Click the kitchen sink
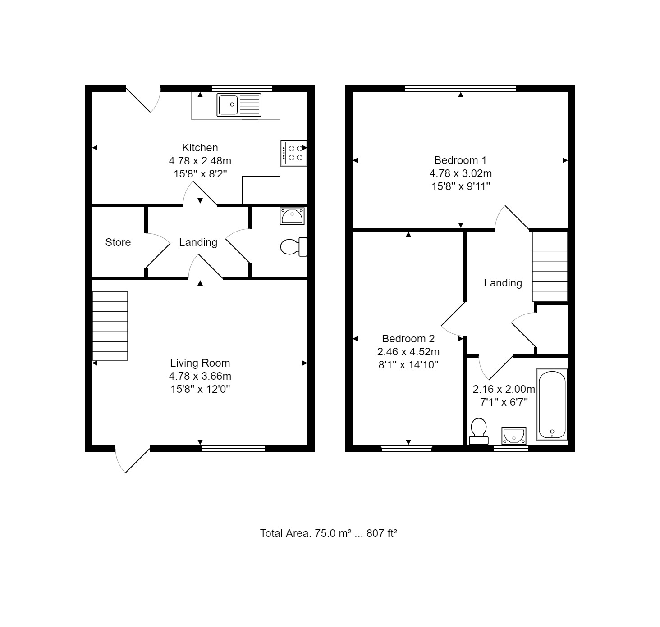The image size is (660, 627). click(x=238, y=105)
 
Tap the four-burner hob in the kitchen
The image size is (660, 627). click(x=294, y=153)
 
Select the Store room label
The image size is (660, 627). click(x=118, y=242)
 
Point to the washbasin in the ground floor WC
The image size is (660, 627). click(x=292, y=216)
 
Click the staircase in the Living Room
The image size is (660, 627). click(x=110, y=326)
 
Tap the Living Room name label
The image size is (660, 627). click(x=200, y=363)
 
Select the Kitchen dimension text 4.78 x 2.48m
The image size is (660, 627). click(x=200, y=161)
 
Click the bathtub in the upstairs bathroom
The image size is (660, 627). click(x=552, y=404)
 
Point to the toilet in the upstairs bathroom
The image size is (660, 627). click(x=479, y=431)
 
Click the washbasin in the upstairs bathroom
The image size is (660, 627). click(x=513, y=436)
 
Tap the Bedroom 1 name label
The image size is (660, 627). click(x=461, y=160)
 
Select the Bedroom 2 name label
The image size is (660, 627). click(x=408, y=339)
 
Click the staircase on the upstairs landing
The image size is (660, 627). click(x=550, y=266)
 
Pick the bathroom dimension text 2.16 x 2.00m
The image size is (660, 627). click(x=504, y=389)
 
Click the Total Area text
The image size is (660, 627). click(x=329, y=533)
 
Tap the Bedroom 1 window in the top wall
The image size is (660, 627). click(x=460, y=88)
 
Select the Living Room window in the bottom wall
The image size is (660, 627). click(x=234, y=449)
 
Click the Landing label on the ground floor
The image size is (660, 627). click(x=198, y=242)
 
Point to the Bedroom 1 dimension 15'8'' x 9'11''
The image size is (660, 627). click(x=461, y=186)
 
